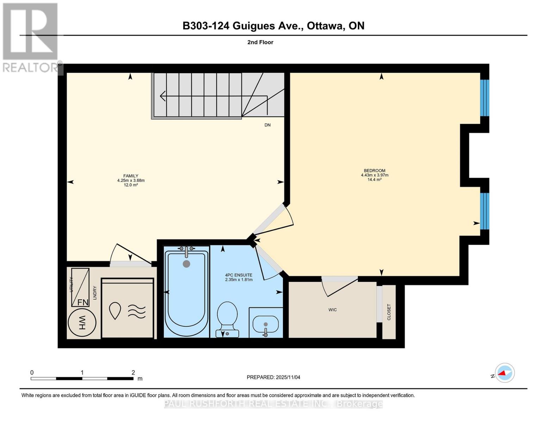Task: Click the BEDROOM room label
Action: [x=374, y=171]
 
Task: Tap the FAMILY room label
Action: [x=131, y=176]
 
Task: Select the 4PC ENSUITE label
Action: [x=238, y=275]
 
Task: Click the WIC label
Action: [x=332, y=310]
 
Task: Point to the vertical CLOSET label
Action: [x=389, y=312]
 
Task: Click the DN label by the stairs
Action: [x=268, y=125]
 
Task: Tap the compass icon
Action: [x=504, y=373]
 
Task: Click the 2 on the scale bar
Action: [x=133, y=373]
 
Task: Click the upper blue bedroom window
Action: [x=485, y=98]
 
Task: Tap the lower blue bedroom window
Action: [x=485, y=211]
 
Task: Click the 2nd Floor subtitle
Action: [x=260, y=42]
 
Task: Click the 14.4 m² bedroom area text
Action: [x=374, y=180]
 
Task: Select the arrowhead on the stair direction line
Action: [x=162, y=96]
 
